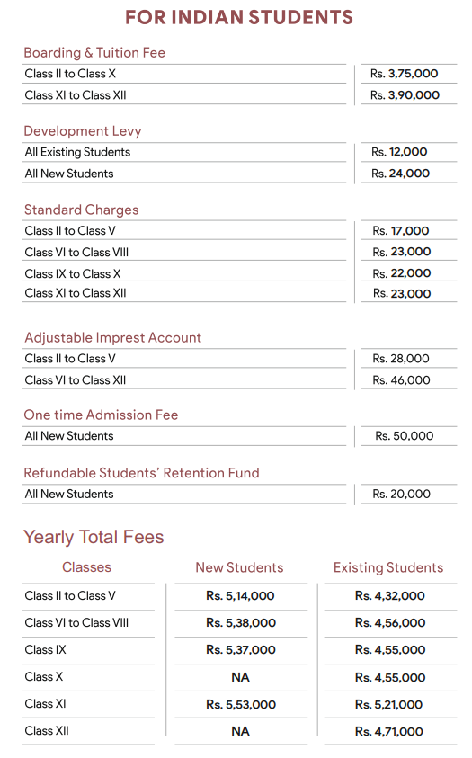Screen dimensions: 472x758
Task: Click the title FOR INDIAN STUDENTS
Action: pyautogui.click(x=239, y=18)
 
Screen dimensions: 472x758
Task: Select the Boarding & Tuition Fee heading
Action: pyautogui.click(x=94, y=53)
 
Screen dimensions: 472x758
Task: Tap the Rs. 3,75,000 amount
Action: pyautogui.click(x=405, y=74)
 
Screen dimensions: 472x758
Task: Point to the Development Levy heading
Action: pyautogui.click(x=83, y=131)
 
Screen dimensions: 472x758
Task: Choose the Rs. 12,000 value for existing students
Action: pyautogui.click(x=400, y=152)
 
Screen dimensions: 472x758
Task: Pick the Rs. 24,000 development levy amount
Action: pyautogui.click(x=401, y=174)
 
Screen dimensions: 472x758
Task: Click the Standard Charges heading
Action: pyautogui.click(x=81, y=210)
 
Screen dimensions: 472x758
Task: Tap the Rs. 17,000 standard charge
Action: pyautogui.click(x=401, y=231)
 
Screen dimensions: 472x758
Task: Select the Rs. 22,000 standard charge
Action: pyautogui.click(x=401, y=273)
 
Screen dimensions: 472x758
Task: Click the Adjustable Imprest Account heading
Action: pyautogui.click(x=112, y=338)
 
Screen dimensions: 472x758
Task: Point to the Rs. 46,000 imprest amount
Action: pyautogui.click(x=401, y=380)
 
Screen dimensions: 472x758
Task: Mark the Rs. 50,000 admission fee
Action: pyautogui.click(x=405, y=436)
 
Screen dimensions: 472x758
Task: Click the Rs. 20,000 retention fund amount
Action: pyautogui.click(x=401, y=494)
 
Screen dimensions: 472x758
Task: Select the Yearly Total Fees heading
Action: pyautogui.click(x=94, y=538)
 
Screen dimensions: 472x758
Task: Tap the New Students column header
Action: pyautogui.click(x=239, y=568)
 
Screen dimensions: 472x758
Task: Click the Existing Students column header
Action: pyautogui.click(x=388, y=568)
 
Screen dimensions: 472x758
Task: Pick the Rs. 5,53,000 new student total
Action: pyautogui.click(x=240, y=705)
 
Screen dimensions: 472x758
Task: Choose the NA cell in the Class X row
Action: pyautogui.click(x=240, y=677)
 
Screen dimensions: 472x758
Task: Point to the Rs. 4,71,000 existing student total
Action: pyautogui.click(x=389, y=732)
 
